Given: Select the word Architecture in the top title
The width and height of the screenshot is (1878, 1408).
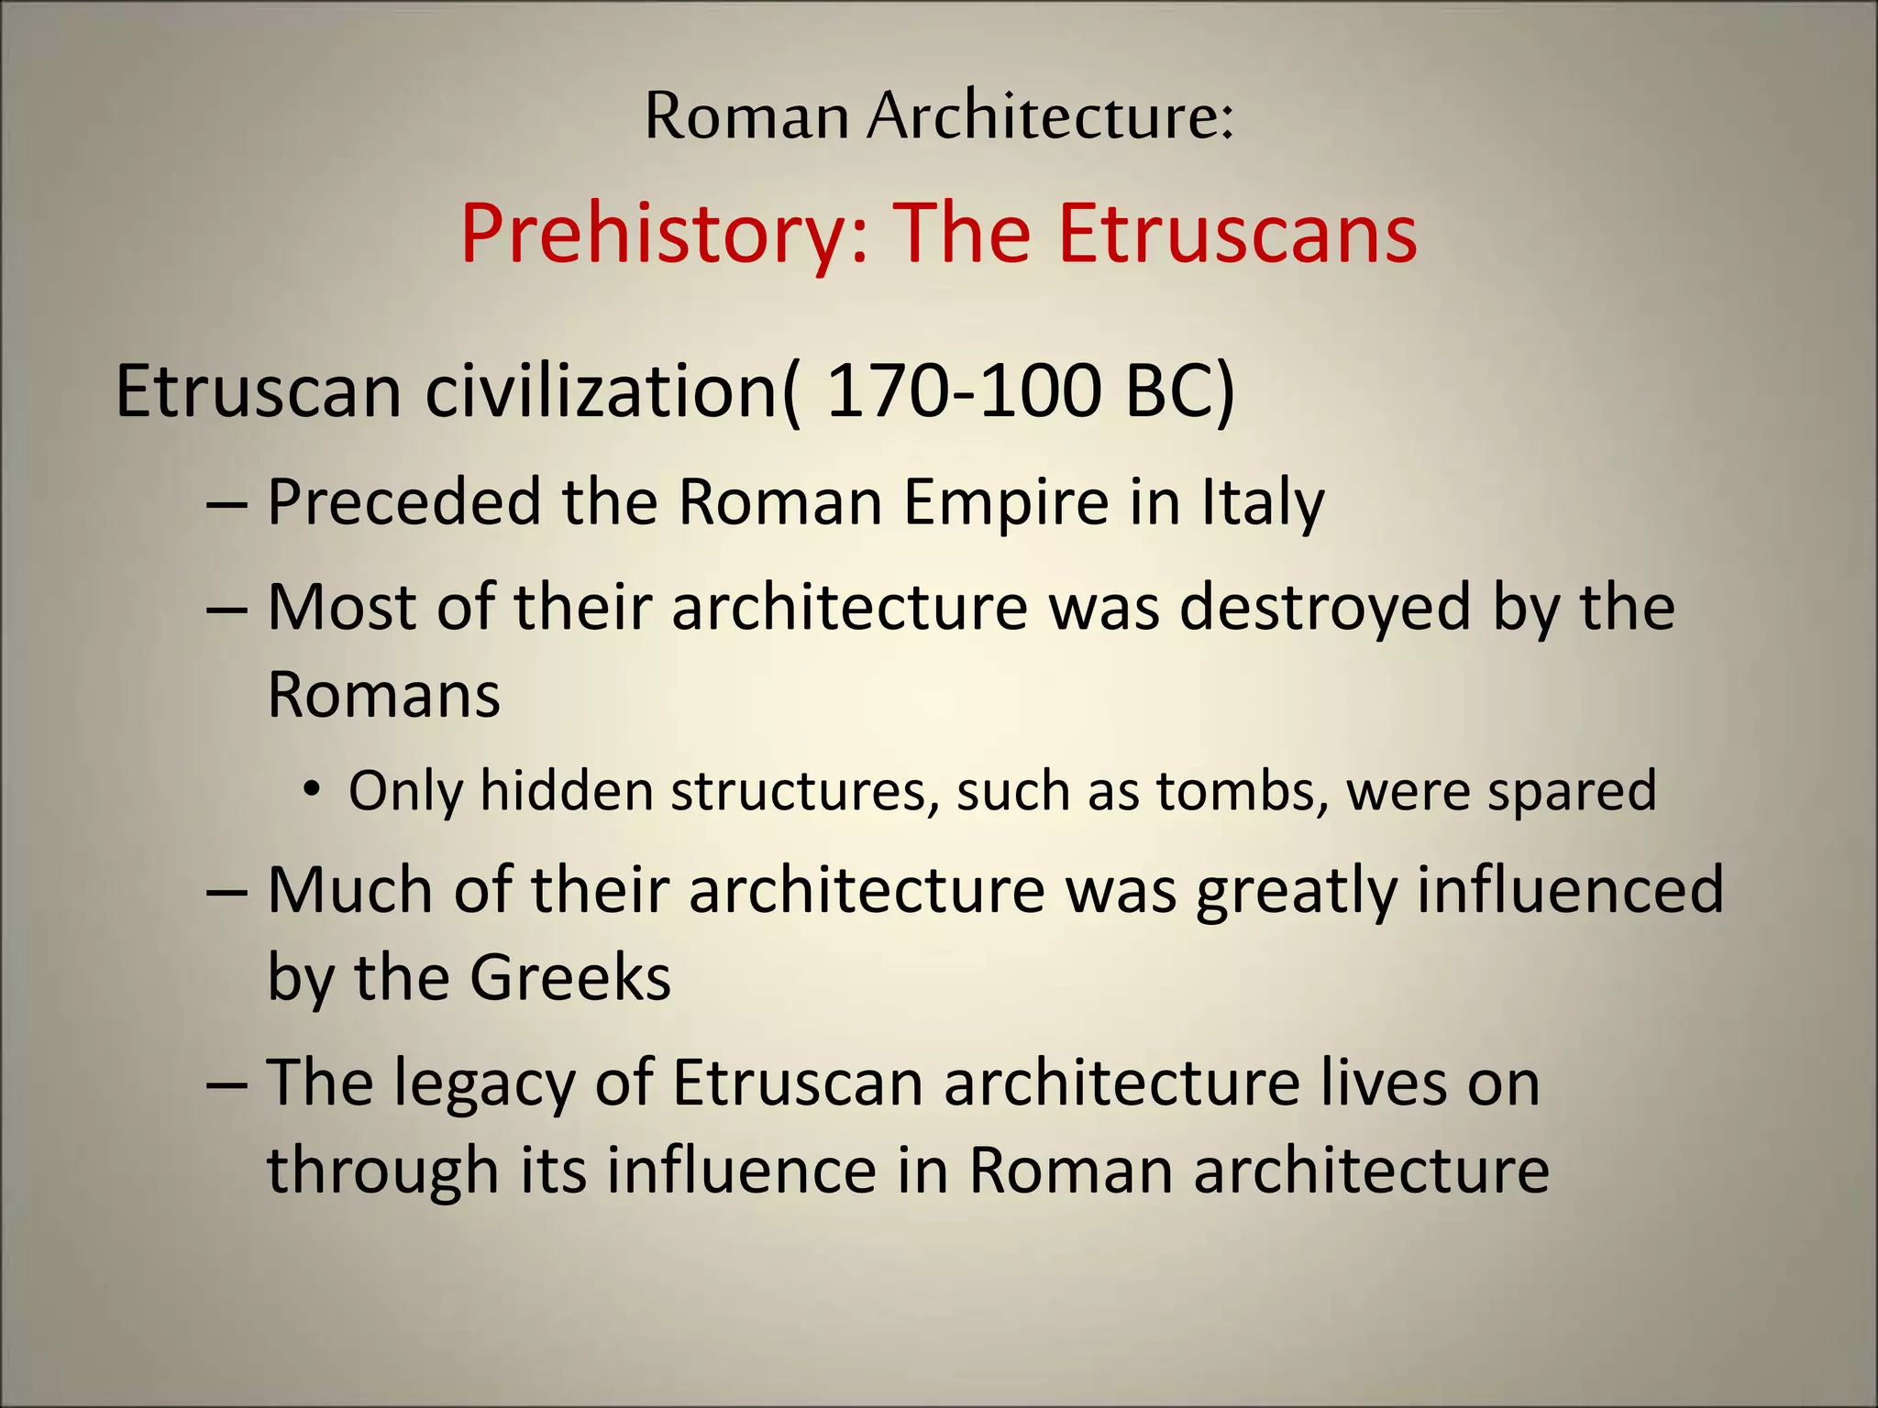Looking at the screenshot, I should tap(1051, 116).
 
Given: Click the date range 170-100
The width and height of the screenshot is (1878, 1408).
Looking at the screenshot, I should tap(964, 391).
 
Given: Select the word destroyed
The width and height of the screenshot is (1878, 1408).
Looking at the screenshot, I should tap(1325, 609).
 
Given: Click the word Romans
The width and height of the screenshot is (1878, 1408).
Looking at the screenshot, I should tap(383, 694).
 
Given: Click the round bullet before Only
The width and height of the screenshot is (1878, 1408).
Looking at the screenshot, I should tap(313, 790).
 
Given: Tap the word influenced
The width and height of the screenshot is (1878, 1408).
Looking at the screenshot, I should tap(1570, 889).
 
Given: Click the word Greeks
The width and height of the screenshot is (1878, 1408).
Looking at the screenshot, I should tap(570, 977).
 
